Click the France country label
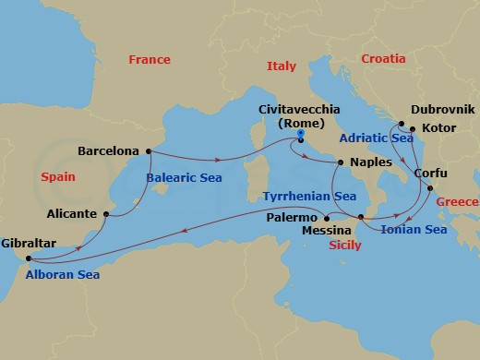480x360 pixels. pos(149,60)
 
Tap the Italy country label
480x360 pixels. pos(281,66)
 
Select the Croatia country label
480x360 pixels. pos(382,58)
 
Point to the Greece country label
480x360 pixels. pos(459,202)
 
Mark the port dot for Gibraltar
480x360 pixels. pos(30,258)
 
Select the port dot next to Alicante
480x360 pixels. pos(107,215)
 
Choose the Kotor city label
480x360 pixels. pos(438,128)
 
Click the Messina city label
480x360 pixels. pos(327,230)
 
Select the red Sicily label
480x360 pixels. pos(345,246)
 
